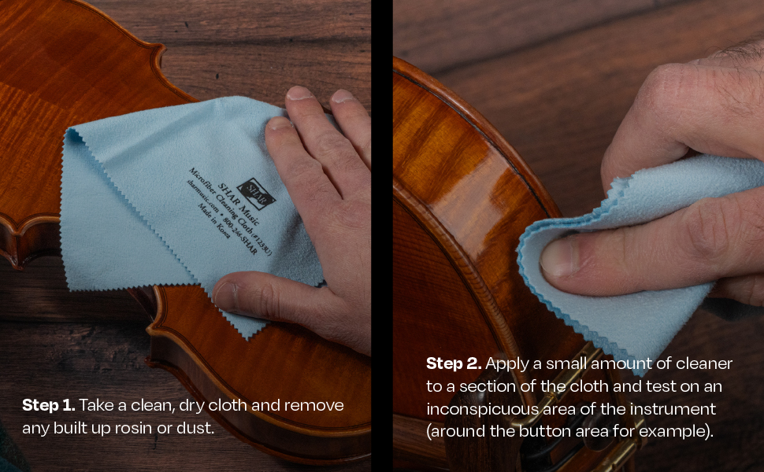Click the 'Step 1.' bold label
49,405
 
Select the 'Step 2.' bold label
454,363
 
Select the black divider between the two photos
382,236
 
